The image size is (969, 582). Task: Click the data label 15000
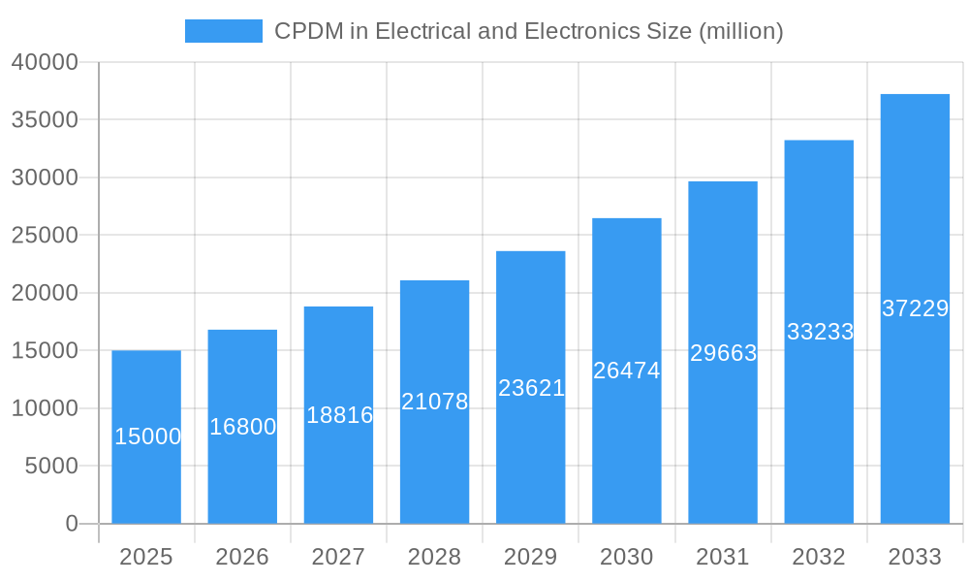147,436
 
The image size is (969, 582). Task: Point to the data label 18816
339,415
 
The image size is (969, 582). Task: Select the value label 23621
531,388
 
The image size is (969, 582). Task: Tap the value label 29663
723,353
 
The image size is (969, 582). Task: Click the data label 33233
820,332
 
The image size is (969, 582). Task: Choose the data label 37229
915,308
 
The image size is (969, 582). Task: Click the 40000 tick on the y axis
45,62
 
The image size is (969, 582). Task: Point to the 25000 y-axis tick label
45,236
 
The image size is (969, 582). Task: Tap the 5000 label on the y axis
50,466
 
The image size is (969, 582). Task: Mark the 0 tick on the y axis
71,524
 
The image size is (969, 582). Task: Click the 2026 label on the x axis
242,557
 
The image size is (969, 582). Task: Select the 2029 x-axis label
531,557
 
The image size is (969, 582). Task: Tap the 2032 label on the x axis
819,557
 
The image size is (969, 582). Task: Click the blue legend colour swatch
224,31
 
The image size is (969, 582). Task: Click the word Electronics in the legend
581,31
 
